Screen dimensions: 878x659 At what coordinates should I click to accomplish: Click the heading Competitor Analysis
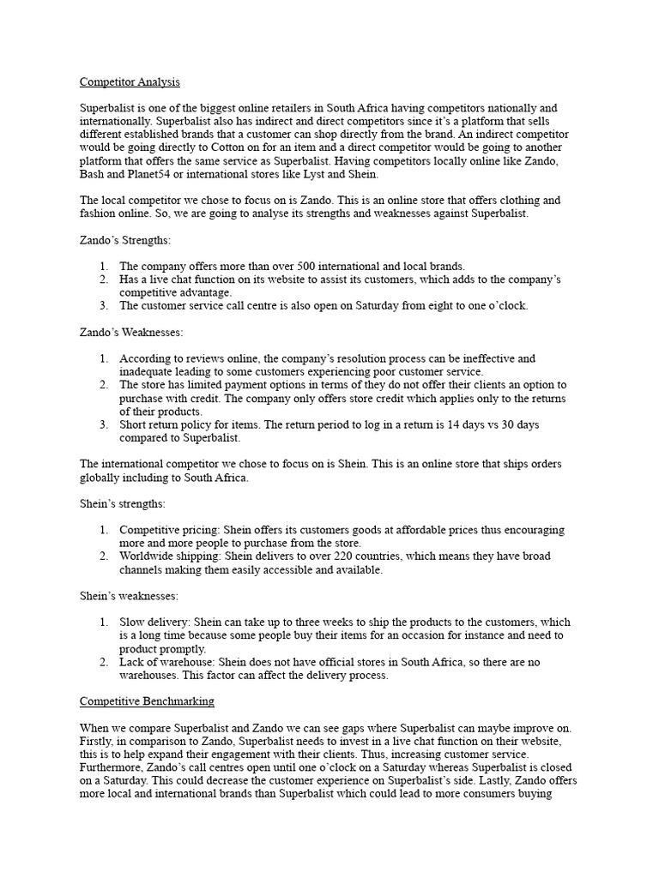130,82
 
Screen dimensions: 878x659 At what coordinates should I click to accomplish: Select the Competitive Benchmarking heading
147,701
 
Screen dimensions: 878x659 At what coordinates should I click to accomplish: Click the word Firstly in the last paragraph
100,740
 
